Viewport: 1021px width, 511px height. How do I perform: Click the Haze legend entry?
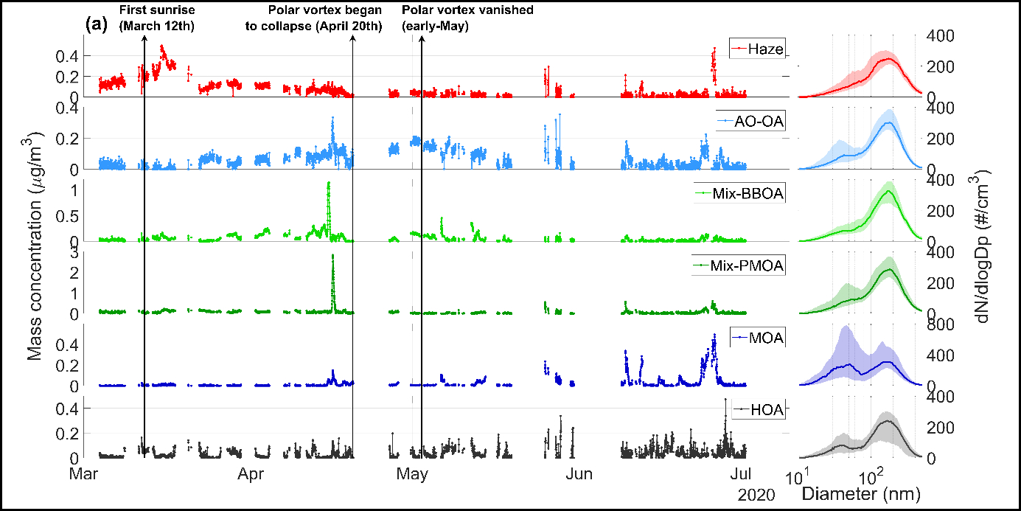[x=756, y=49]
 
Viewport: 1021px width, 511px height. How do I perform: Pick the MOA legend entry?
[x=756, y=338]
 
